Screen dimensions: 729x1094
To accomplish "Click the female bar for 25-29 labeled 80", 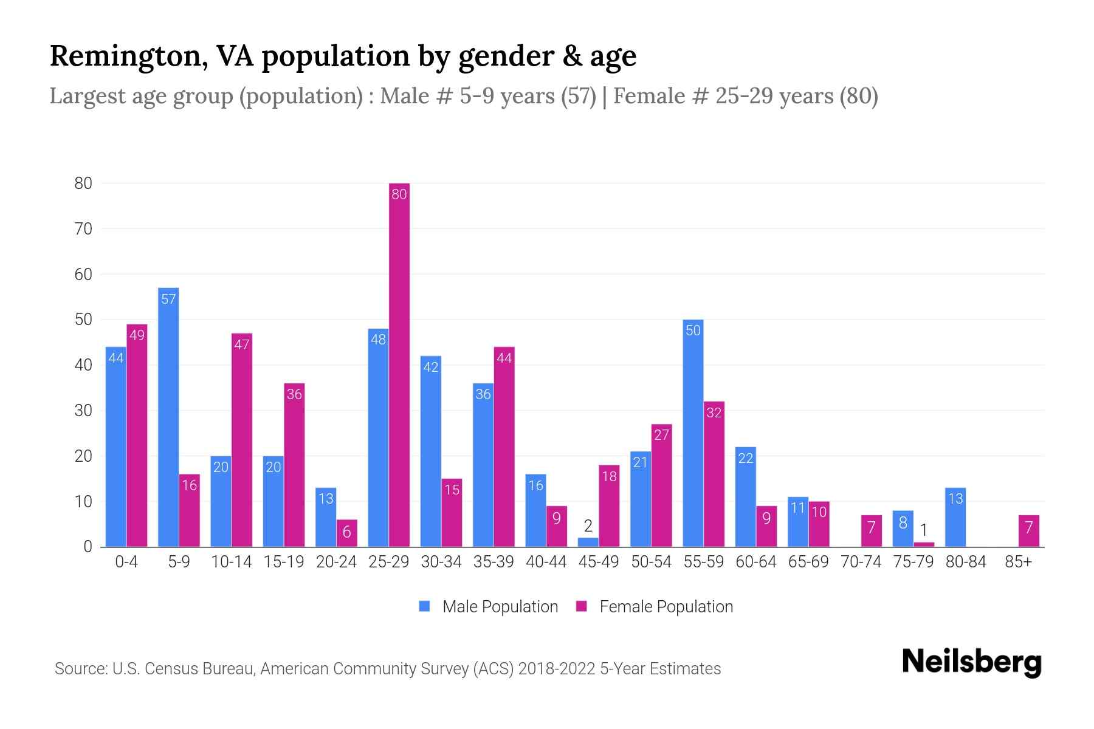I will (x=399, y=364).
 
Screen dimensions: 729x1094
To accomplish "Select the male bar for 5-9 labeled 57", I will (x=168, y=419).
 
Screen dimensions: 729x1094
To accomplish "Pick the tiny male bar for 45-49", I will (x=588, y=542).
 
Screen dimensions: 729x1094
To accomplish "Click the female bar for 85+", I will (x=1028, y=532).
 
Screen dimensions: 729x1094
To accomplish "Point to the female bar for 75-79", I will (x=924, y=544).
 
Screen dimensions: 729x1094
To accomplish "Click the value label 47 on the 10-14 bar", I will (x=242, y=345).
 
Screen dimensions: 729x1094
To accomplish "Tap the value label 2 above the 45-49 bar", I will (x=588, y=526).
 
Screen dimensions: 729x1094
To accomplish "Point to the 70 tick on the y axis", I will (x=83, y=229).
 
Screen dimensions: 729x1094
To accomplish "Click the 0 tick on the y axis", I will (x=88, y=547).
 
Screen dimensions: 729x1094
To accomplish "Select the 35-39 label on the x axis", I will (x=494, y=562).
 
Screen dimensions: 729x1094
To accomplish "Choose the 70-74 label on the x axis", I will (x=861, y=562).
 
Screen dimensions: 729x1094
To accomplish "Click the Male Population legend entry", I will (x=489, y=606).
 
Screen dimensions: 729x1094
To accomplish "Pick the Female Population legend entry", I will (x=655, y=606).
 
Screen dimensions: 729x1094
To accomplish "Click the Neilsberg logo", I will (x=971, y=662).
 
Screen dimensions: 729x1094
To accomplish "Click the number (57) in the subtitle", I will (x=578, y=96).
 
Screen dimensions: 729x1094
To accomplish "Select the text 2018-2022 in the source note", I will (x=557, y=669).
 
